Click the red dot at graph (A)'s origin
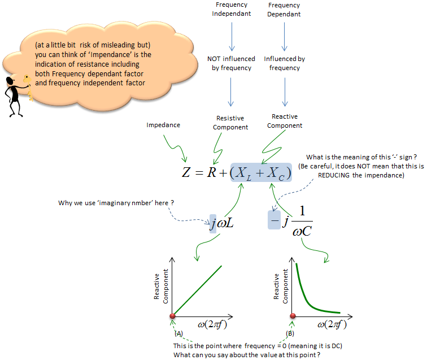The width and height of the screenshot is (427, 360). [172, 316]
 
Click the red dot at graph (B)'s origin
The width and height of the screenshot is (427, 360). [293, 316]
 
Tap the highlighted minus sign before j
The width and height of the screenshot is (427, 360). [274, 220]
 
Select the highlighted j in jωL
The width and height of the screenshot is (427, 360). [213, 224]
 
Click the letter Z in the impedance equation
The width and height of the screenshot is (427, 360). [186, 172]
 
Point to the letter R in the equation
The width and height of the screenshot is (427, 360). [212, 172]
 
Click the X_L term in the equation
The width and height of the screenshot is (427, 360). [243, 174]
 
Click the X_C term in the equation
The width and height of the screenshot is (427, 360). [276, 174]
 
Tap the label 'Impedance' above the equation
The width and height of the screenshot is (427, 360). [163, 125]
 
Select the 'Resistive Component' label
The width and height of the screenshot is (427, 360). [230, 123]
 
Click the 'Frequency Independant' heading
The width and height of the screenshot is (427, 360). [232, 9]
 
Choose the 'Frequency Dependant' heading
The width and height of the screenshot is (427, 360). [284, 10]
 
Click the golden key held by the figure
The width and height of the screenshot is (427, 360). [28, 87]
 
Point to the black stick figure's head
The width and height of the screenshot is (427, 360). [10, 81]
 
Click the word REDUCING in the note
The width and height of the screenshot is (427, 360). [334, 175]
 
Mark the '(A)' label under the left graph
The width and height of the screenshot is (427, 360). [178, 333]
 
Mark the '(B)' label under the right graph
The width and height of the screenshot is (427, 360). [290, 333]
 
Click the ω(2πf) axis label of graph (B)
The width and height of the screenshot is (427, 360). [332, 324]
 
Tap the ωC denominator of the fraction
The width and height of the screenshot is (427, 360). [302, 231]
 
